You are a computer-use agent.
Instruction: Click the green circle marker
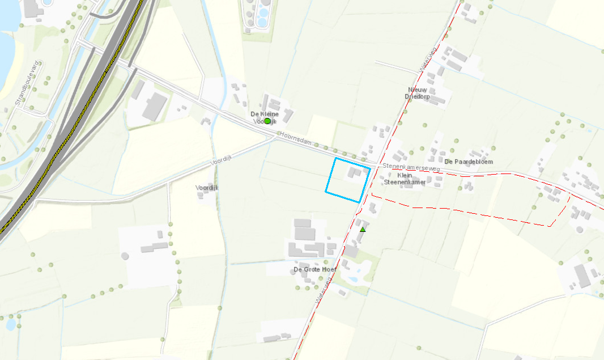(267, 121)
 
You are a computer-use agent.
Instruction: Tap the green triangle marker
(363, 229)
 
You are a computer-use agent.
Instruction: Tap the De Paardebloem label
(469, 162)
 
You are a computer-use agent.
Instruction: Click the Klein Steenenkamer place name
(404, 179)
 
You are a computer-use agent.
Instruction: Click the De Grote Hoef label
(314, 269)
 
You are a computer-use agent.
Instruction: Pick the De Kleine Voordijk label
(265, 117)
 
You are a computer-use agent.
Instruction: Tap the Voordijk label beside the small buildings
(207, 188)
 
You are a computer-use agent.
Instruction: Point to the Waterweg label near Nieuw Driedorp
(428, 59)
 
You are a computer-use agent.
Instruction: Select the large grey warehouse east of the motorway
(154, 107)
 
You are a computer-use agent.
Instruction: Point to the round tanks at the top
(262, 14)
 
